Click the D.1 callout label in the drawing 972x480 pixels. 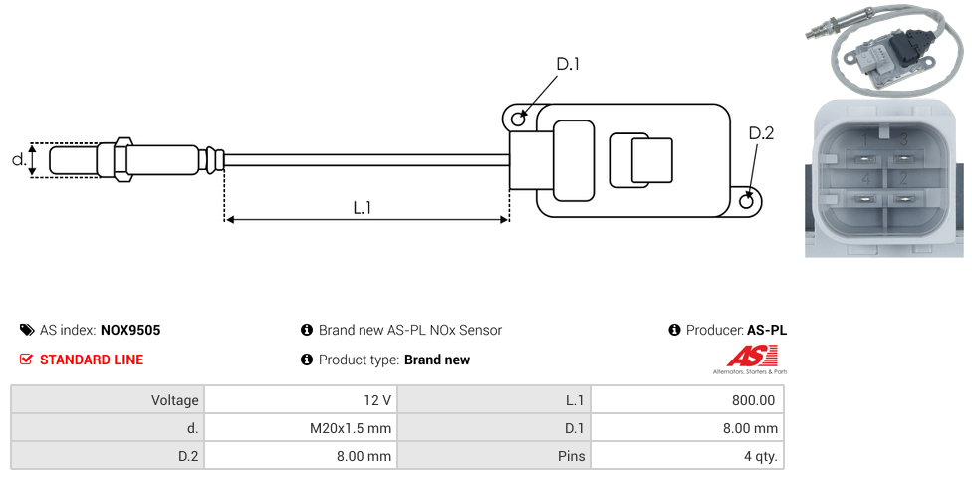567,65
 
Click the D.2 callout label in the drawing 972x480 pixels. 760,133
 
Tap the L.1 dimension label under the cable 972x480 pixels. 363,207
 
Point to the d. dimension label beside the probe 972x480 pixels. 18,159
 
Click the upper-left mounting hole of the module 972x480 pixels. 518,119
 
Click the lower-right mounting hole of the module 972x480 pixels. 748,201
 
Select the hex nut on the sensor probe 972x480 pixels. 123,159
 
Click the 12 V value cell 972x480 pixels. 300,400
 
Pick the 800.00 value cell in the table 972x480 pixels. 686,400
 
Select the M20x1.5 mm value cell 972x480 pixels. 300,428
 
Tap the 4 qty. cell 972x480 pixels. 686,456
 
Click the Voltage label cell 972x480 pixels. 107,400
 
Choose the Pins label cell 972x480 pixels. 493,456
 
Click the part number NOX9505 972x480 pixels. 130,330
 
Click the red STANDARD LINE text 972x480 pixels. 92,360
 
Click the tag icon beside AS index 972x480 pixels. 27,330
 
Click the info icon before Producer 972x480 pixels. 674,330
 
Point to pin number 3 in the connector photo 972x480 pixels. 902,140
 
